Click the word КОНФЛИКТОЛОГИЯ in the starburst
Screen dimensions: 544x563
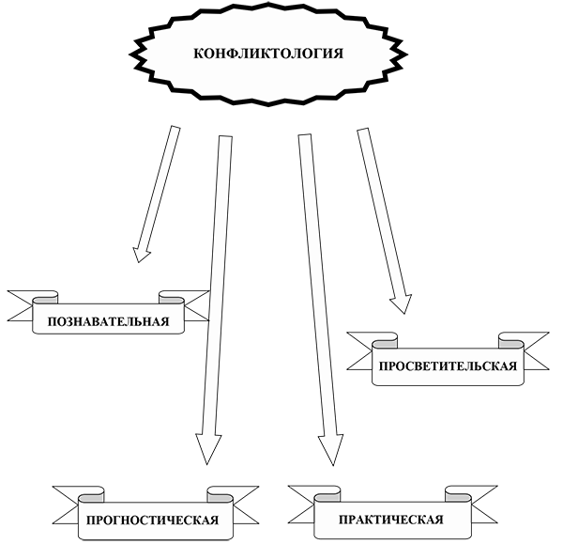267,54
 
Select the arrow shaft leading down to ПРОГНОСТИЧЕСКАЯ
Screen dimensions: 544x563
218,282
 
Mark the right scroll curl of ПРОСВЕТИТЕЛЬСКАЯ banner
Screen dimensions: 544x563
511,341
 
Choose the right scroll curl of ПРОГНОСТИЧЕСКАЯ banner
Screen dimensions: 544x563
221,494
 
